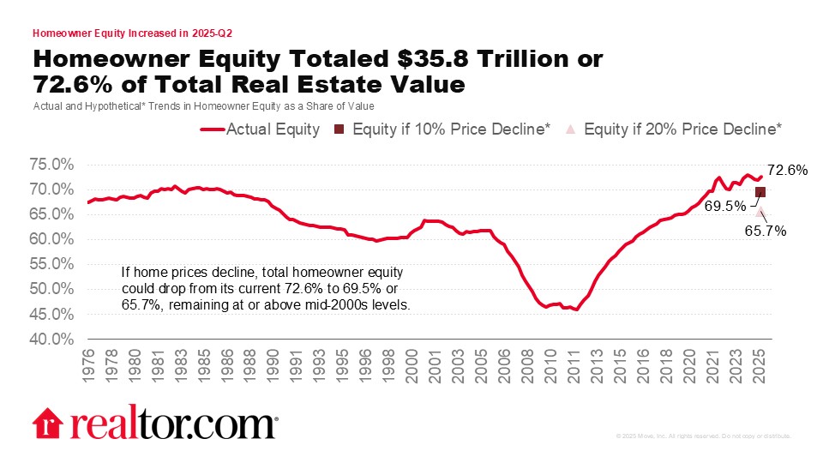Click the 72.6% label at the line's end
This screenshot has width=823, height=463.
tap(788, 171)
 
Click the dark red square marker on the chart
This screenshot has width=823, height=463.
tap(760, 192)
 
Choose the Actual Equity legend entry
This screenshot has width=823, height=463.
tap(261, 129)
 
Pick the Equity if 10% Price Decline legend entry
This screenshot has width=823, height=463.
tap(441, 129)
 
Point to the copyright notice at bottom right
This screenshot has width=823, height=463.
tap(703, 436)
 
